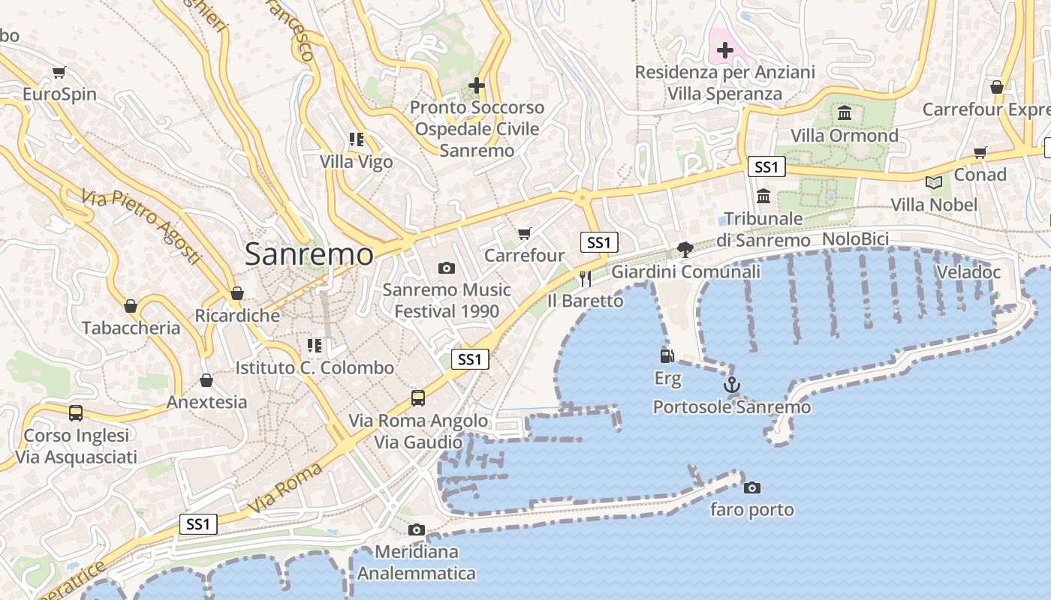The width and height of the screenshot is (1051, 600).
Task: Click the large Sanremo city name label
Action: point(309,255)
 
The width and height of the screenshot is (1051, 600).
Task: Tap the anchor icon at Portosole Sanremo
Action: point(731,385)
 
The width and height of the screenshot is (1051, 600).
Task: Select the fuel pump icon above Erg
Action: point(667,356)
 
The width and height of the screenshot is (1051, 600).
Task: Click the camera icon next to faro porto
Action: point(751,488)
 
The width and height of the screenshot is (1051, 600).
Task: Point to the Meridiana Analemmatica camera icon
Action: point(417,530)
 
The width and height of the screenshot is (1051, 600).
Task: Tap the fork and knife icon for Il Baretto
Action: point(586,279)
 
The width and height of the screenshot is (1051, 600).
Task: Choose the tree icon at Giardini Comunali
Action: point(685,249)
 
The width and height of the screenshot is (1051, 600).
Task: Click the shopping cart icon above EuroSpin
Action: point(59,73)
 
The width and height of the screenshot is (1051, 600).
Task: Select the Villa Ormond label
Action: point(845,136)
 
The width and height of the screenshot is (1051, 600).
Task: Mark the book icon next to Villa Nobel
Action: point(934,182)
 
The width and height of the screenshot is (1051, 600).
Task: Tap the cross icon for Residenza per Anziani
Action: point(724,51)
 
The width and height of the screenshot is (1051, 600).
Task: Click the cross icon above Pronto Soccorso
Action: point(476,85)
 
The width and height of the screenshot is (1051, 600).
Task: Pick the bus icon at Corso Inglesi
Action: point(76,413)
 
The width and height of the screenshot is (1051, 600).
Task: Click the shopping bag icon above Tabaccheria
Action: point(131,307)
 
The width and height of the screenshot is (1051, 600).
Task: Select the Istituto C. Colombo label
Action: point(315,368)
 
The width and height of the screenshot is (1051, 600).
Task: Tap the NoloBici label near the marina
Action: point(855,239)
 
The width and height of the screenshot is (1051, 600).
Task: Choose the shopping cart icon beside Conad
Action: point(980,153)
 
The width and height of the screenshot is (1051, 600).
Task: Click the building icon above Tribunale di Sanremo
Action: point(763,196)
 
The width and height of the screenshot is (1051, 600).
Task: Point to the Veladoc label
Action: point(968,272)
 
